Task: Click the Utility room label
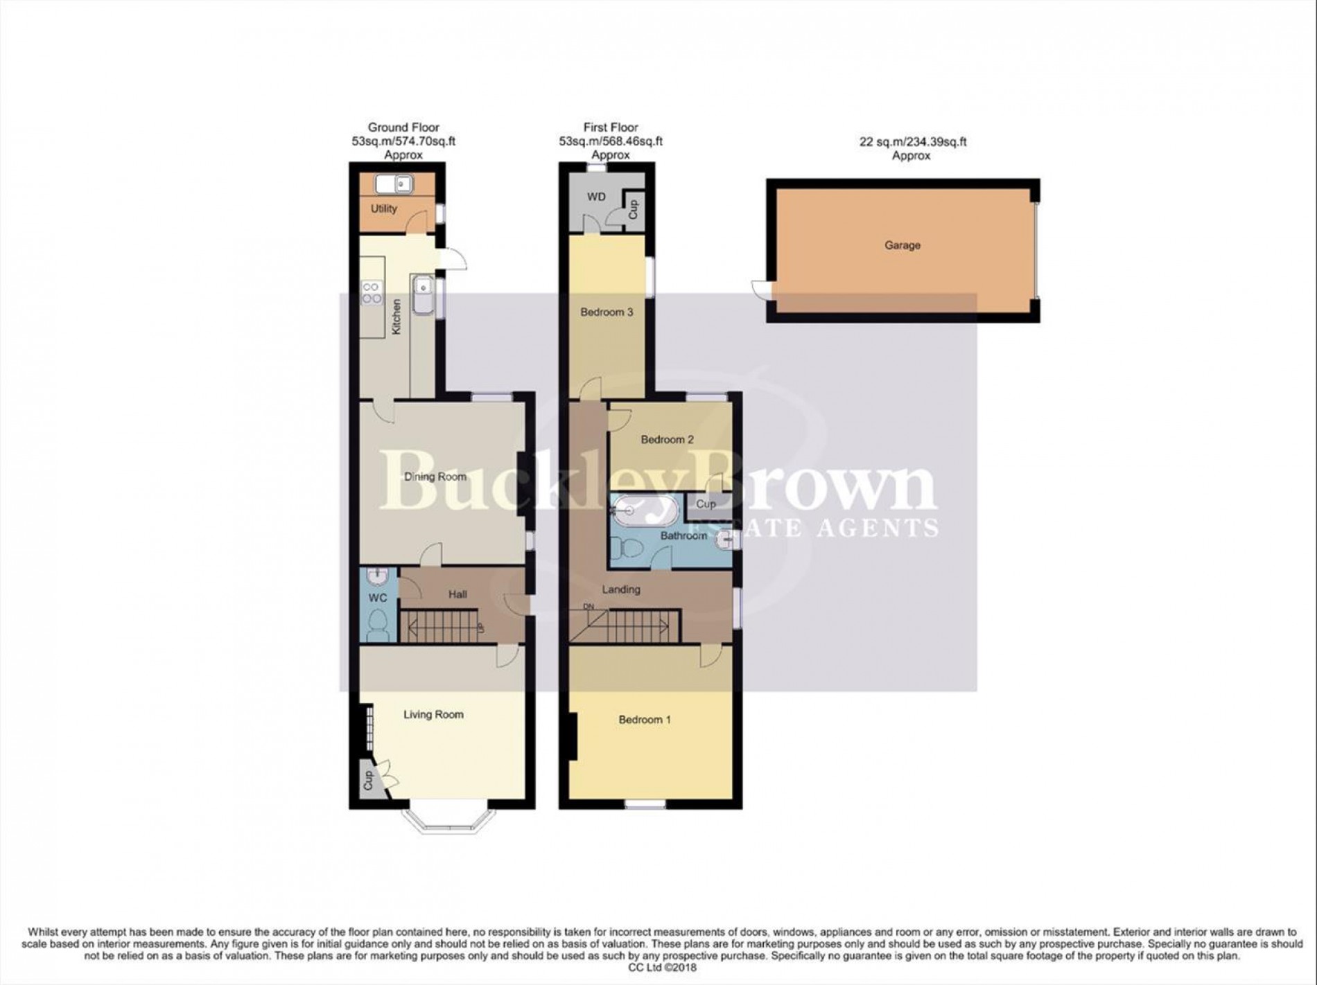click(384, 208)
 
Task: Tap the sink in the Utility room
click(394, 184)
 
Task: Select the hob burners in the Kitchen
click(372, 293)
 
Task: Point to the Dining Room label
click(435, 477)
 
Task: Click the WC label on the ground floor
click(377, 597)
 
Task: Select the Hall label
click(457, 594)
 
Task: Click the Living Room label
click(433, 715)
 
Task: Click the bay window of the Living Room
click(449, 822)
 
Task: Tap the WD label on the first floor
click(596, 197)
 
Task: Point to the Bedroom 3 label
click(607, 312)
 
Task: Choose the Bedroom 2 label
click(667, 439)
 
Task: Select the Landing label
click(620, 589)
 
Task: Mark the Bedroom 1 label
click(645, 720)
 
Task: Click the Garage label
click(902, 245)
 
